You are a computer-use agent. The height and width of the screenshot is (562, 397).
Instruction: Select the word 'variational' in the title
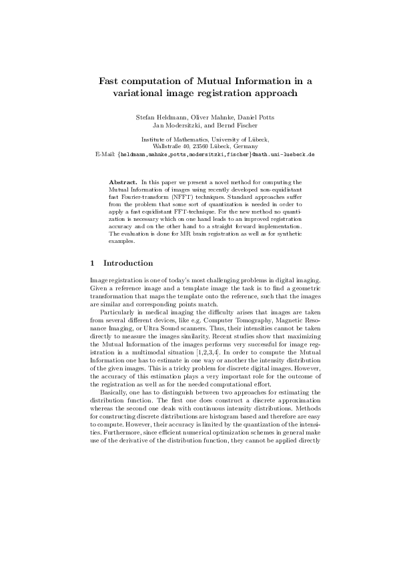(x=133, y=94)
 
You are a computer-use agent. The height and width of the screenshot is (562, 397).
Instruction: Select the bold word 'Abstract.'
(x=123, y=182)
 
